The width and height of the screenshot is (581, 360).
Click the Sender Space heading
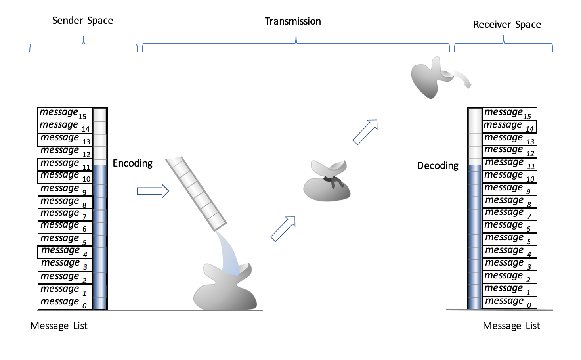click(82, 21)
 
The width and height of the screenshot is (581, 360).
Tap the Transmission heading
click(292, 21)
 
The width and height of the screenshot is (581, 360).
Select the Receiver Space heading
click(507, 25)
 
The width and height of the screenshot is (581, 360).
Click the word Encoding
click(132, 163)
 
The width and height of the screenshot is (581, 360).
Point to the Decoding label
click(438, 166)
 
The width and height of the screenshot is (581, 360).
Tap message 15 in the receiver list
click(509, 114)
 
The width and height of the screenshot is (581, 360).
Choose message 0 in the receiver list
click(509, 302)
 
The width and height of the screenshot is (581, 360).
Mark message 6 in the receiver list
click(509, 226)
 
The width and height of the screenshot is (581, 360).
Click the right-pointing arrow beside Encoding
click(153, 191)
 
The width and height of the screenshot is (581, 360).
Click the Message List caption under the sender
click(59, 326)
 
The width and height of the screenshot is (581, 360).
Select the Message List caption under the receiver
click(511, 326)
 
